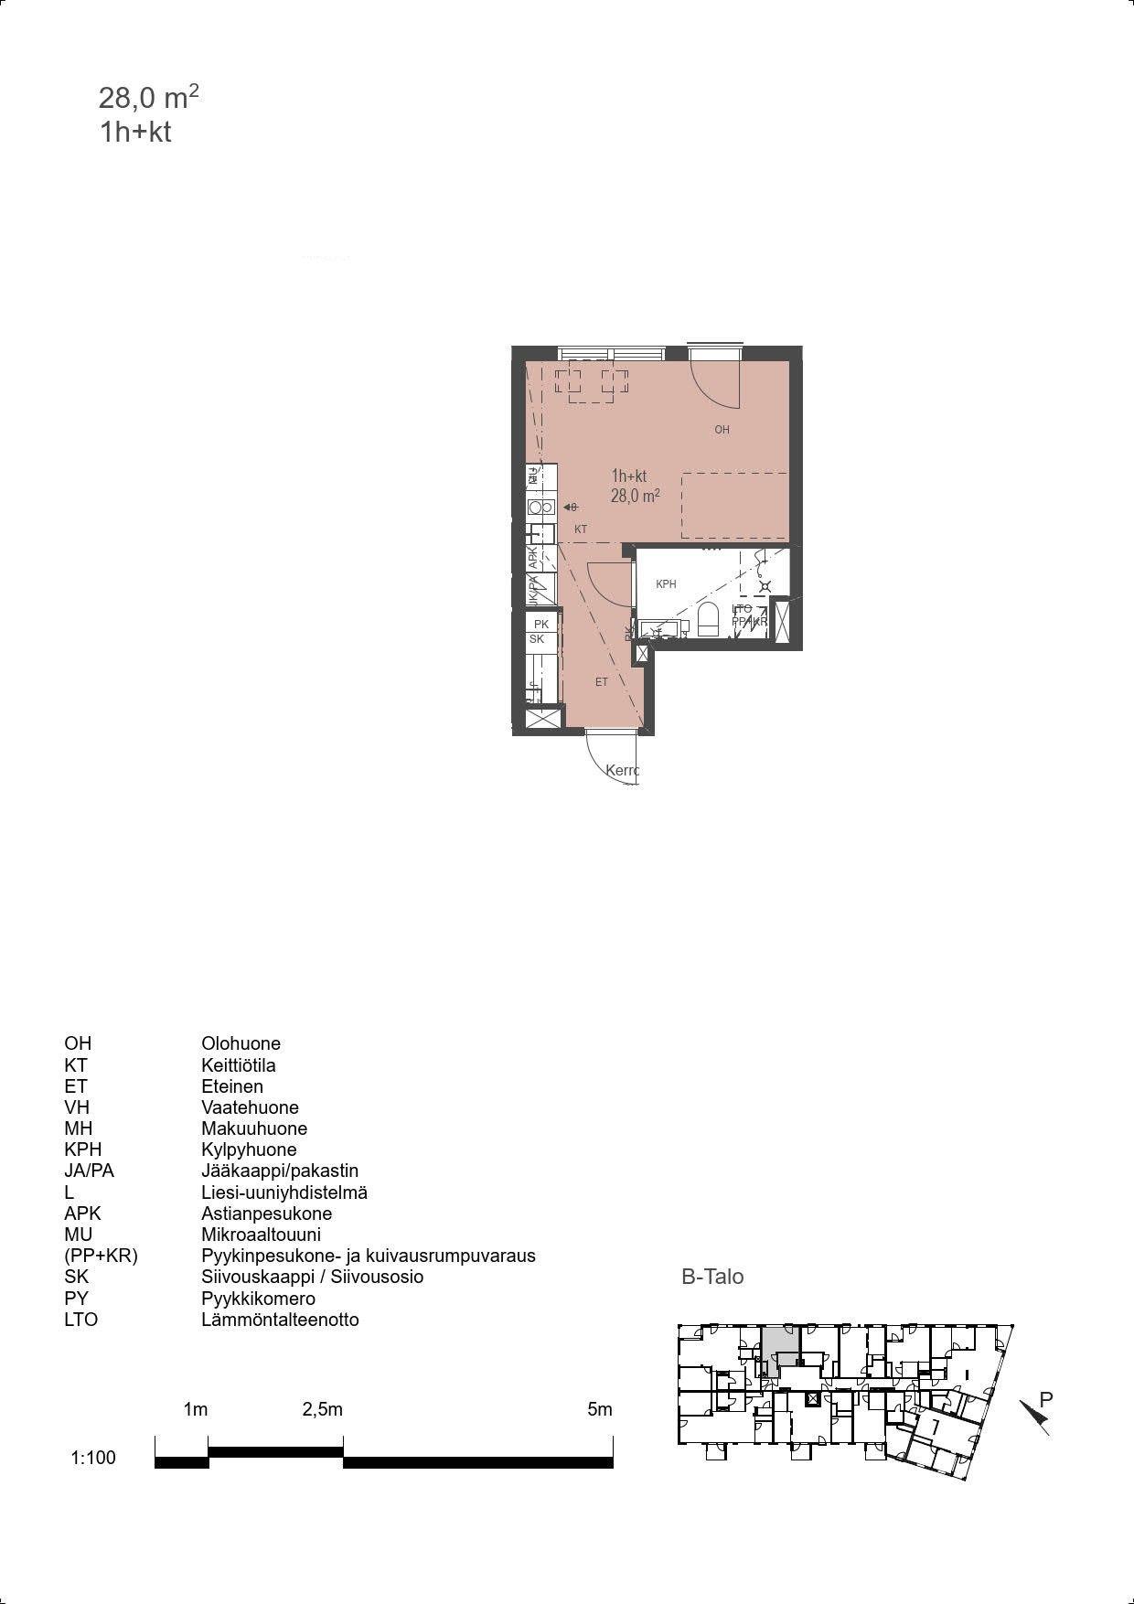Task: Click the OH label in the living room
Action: pyautogui.click(x=722, y=430)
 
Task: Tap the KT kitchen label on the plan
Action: pyautogui.click(x=581, y=529)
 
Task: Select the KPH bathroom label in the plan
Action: pyautogui.click(x=666, y=584)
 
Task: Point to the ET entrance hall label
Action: pyautogui.click(x=602, y=682)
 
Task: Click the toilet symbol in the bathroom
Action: pyautogui.click(x=709, y=619)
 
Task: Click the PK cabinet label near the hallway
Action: pyautogui.click(x=540, y=625)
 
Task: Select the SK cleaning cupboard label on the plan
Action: pyautogui.click(x=537, y=639)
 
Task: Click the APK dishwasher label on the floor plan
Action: pyautogui.click(x=533, y=559)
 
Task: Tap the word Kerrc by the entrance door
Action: pyautogui.click(x=622, y=771)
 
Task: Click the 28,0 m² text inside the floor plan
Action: pyautogui.click(x=635, y=497)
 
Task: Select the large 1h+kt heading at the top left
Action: pyautogui.click(x=135, y=133)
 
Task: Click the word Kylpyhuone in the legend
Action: pyautogui.click(x=249, y=1150)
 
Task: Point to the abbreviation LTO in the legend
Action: pyautogui.click(x=80, y=1320)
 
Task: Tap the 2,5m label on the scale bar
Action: pyautogui.click(x=322, y=1409)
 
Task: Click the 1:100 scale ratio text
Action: pyautogui.click(x=93, y=1458)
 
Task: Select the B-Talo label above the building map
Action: pyautogui.click(x=712, y=1277)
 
